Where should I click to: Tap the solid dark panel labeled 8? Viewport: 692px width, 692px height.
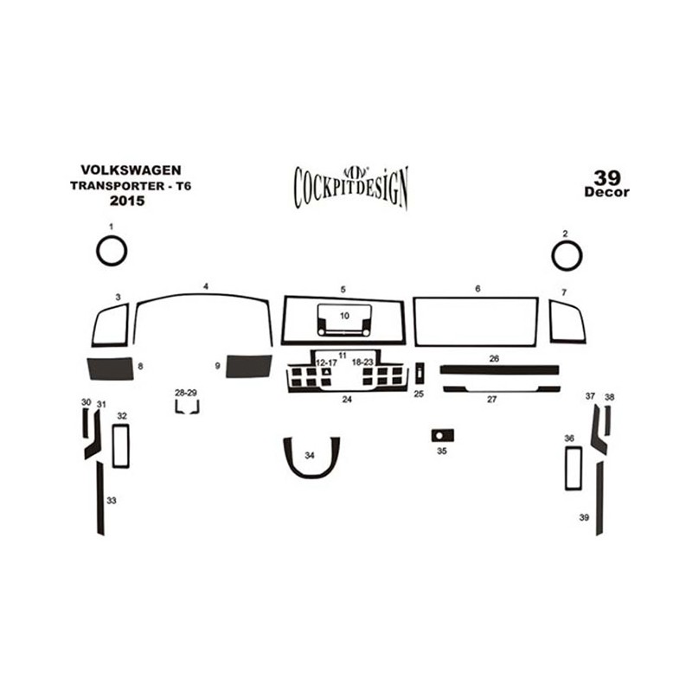pyautogui.click(x=111, y=368)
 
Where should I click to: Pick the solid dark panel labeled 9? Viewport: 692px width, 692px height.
pyautogui.click(x=248, y=366)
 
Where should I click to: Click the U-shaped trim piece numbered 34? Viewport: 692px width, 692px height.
pyautogui.click(x=311, y=476)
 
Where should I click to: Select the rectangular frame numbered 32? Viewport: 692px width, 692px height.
pyautogui.click(x=114, y=445)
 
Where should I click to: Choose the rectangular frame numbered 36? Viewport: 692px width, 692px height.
pyautogui.click(x=567, y=468)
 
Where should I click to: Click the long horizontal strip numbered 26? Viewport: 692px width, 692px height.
pyautogui.click(x=499, y=370)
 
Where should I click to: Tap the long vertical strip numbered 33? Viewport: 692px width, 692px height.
pyautogui.click(x=100, y=498)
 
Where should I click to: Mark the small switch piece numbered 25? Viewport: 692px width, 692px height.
pyautogui.click(x=420, y=372)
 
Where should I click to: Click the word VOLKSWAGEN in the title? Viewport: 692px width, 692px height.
pyautogui.click(x=131, y=170)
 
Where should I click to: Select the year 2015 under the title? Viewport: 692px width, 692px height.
pyautogui.click(x=127, y=201)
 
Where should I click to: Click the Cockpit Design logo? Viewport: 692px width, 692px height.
pyautogui.click(x=351, y=187)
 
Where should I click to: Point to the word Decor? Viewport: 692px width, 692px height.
pyautogui.click(x=607, y=192)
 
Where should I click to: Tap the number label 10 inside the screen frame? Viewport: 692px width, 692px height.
pyautogui.click(x=344, y=316)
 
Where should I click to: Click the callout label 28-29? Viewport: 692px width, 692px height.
pyautogui.click(x=186, y=393)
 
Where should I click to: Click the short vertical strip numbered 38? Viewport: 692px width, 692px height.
pyautogui.click(x=608, y=420)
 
